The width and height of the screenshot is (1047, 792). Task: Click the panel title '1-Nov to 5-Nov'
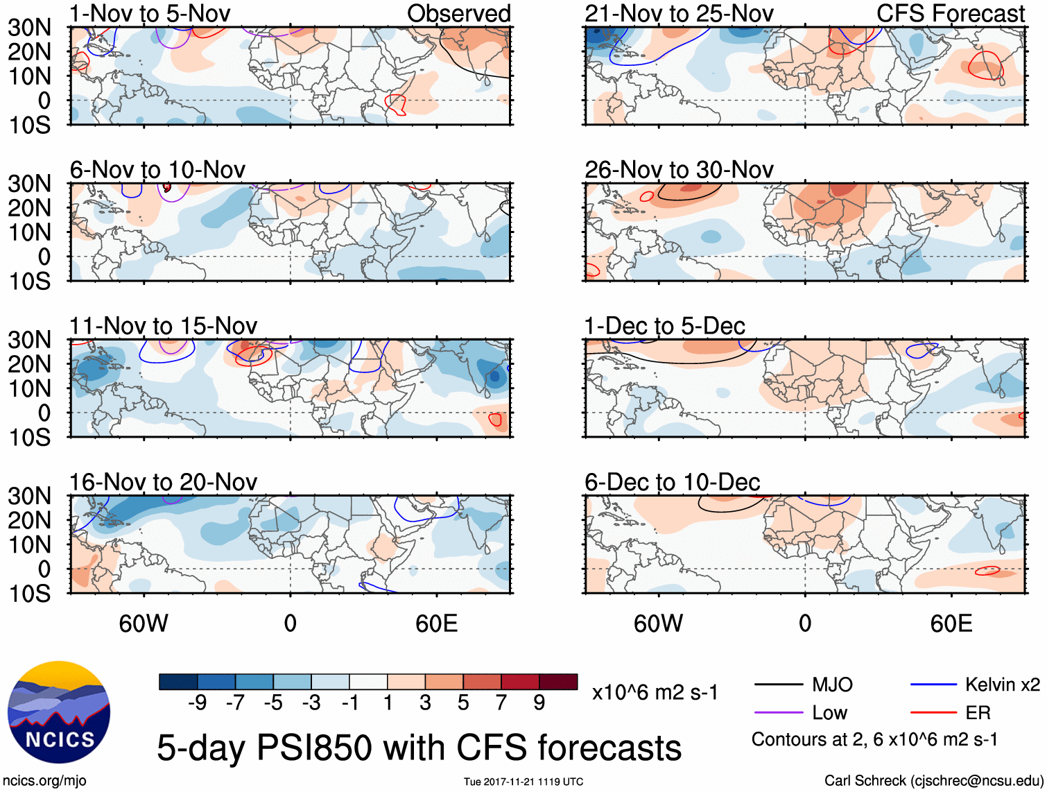point(150,13)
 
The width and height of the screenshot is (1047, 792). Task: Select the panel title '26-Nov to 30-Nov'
point(679,170)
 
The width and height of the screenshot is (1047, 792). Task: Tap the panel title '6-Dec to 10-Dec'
point(672,482)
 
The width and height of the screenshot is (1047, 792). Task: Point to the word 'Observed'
point(458,13)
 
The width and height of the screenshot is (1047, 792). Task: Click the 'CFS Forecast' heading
point(950,13)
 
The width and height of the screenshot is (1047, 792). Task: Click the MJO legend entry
point(832,685)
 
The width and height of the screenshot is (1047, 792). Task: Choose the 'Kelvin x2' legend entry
point(1002,685)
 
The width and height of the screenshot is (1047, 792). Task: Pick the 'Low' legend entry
point(829,713)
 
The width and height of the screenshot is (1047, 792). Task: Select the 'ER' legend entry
point(978,713)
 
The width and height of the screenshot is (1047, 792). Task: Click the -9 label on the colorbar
point(197,703)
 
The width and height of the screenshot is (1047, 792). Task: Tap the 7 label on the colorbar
point(501,703)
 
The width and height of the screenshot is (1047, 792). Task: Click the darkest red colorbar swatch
point(558,682)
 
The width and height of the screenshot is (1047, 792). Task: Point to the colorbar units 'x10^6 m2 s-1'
point(655,693)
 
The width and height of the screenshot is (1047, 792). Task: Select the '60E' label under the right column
point(951,623)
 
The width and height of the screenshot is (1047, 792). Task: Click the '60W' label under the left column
point(144,623)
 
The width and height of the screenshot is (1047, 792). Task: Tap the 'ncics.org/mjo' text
point(44,781)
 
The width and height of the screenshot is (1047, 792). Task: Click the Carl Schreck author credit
point(933,781)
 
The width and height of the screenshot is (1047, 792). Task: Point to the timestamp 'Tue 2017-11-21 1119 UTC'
point(523,782)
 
